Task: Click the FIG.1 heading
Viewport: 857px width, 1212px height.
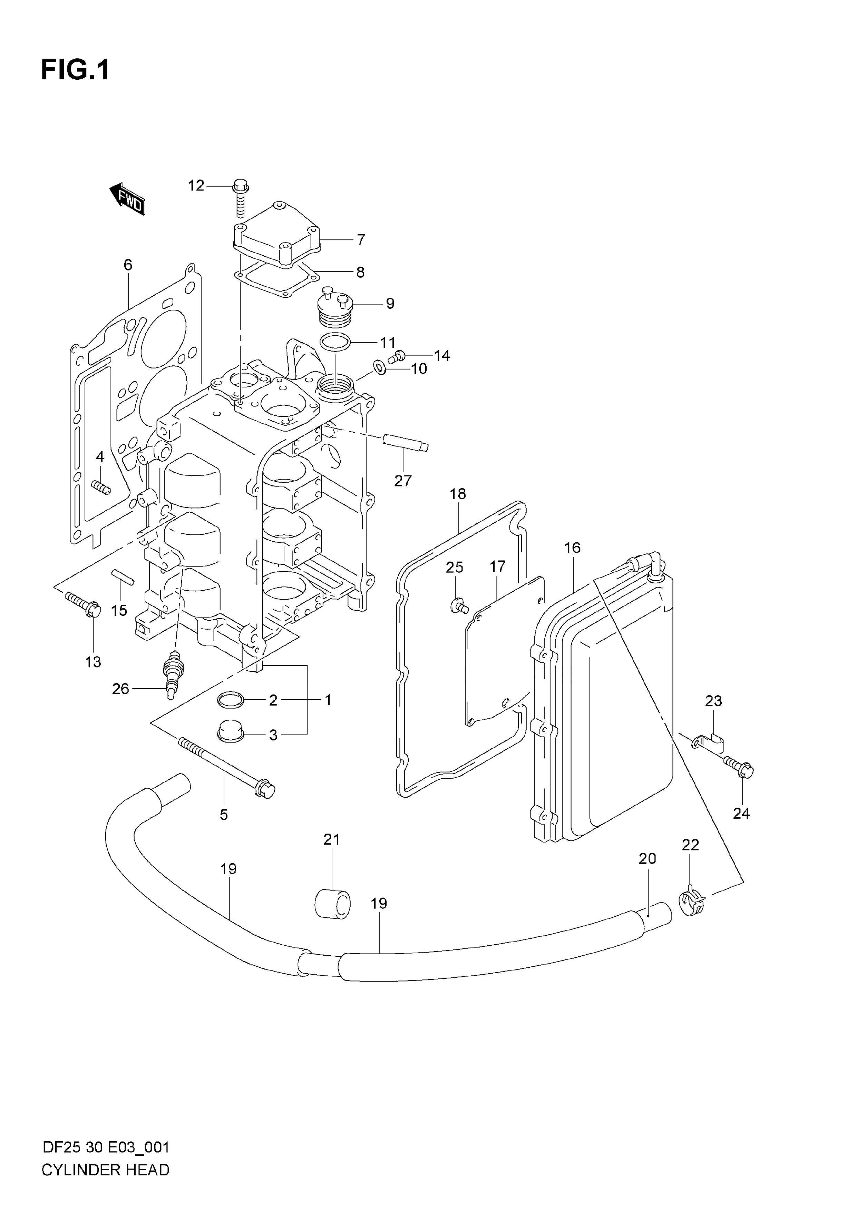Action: click(76, 70)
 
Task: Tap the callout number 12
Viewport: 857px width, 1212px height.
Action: click(196, 186)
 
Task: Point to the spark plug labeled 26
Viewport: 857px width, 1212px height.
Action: click(171, 675)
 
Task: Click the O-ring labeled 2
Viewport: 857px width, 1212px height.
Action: click(231, 700)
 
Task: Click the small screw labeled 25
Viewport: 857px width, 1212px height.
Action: click(459, 606)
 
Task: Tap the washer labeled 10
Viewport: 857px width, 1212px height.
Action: click(379, 366)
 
